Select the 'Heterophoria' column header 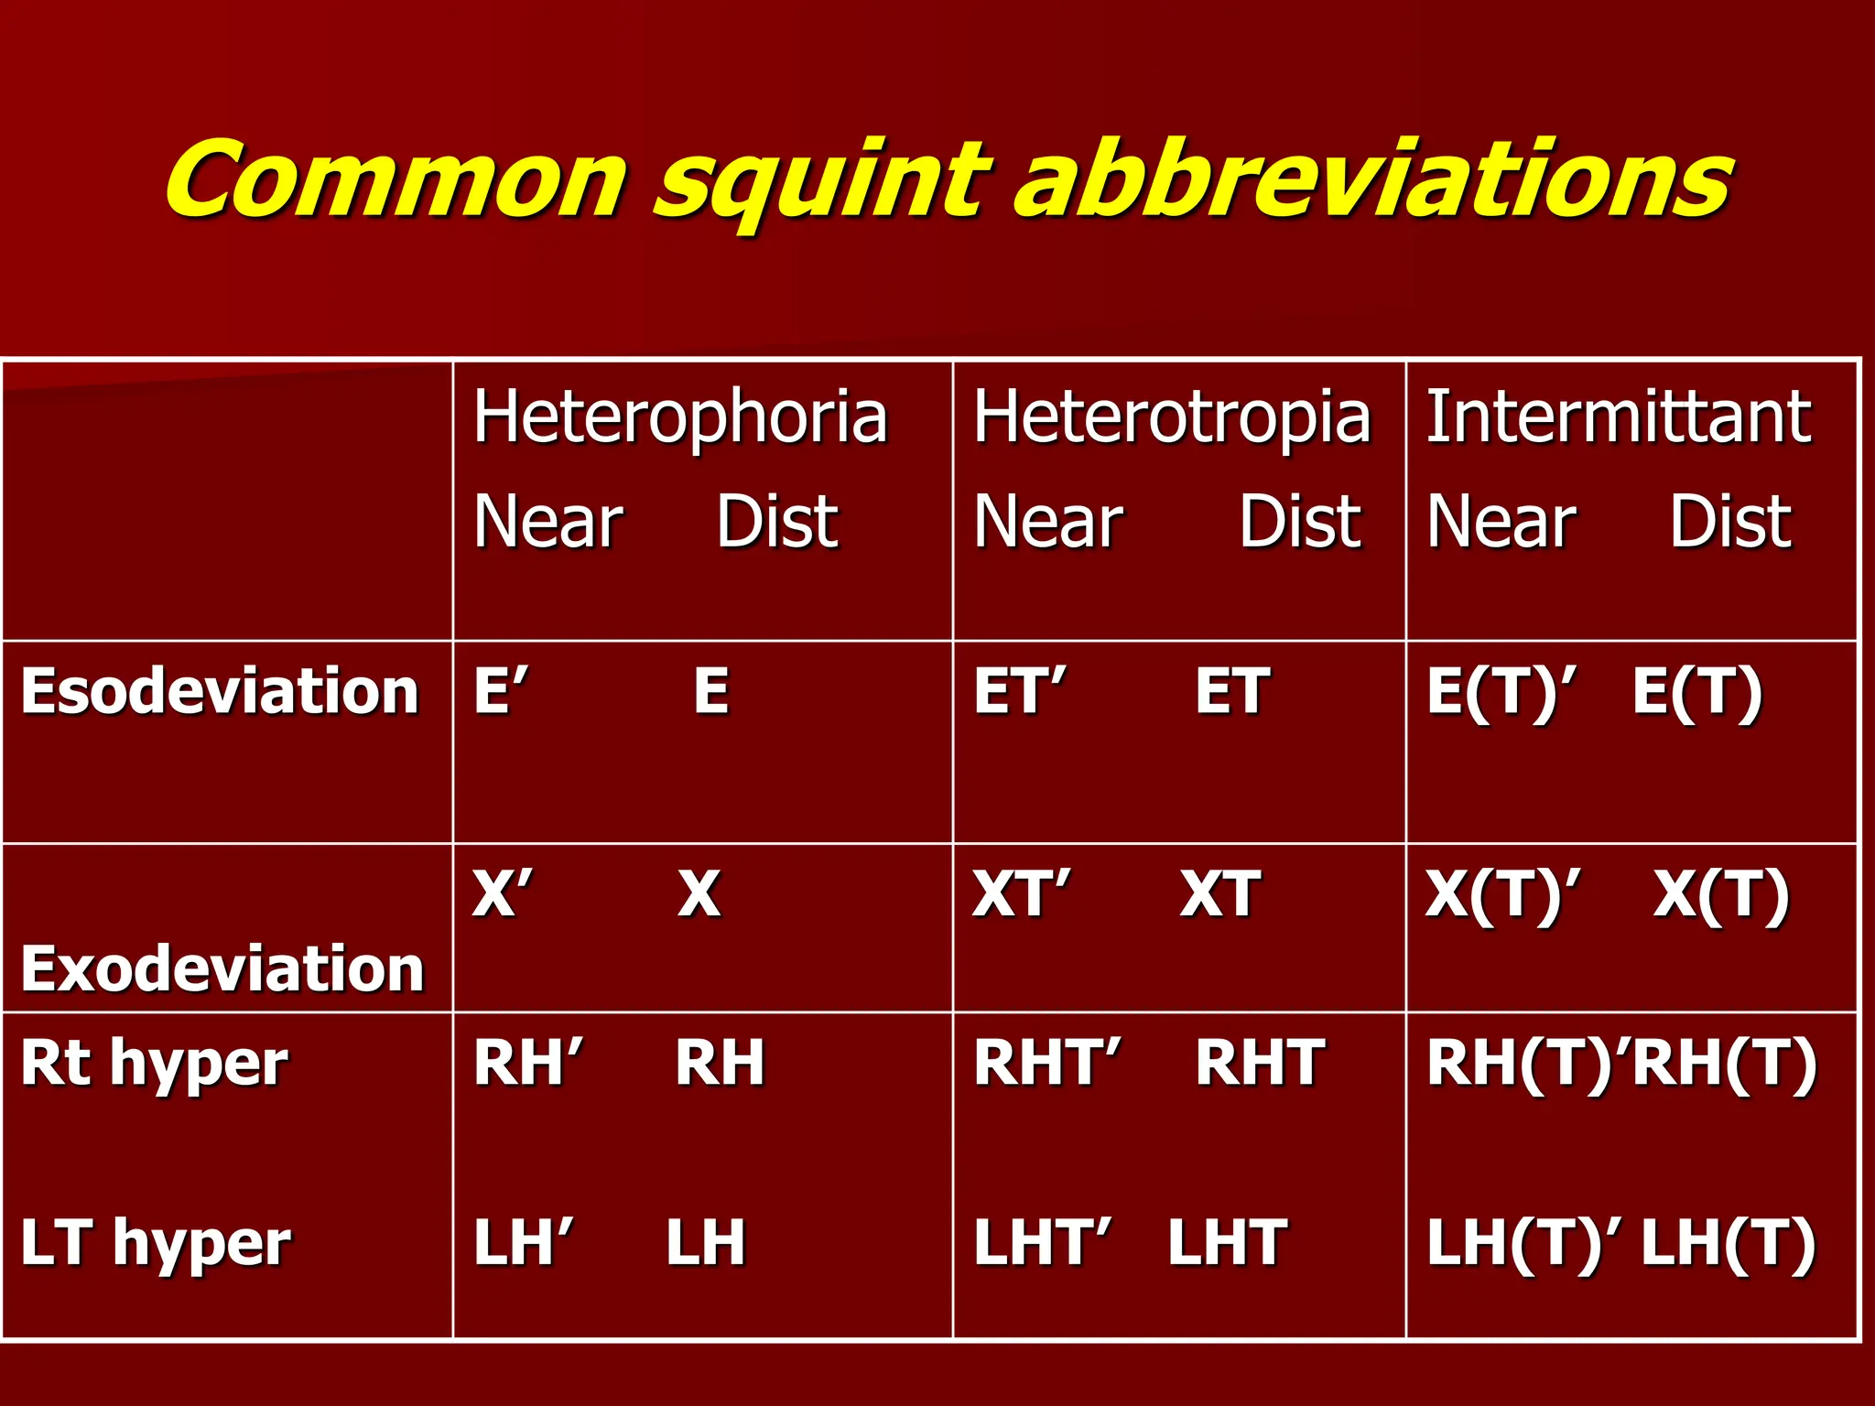pyautogui.click(x=680, y=417)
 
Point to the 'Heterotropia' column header pyautogui.click(x=1171, y=417)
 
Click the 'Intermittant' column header pyautogui.click(x=1618, y=417)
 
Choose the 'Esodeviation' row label pyautogui.click(x=220, y=691)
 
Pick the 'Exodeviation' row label pyautogui.click(x=222, y=968)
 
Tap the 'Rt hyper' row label pyautogui.click(x=154, y=1064)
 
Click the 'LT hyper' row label pyautogui.click(x=156, y=1243)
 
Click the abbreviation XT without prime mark pyautogui.click(x=1219, y=894)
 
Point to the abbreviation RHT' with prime pyautogui.click(x=1046, y=1064)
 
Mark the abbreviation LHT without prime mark pyautogui.click(x=1228, y=1243)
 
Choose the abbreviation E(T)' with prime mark pyautogui.click(x=1501, y=692)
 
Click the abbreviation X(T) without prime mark pyautogui.click(x=1721, y=895)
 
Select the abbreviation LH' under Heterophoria pyautogui.click(x=523, y=1243)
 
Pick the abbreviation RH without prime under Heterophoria pyautogui.click(x=720, y=1064)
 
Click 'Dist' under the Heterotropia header pyautogui.click(x=1300, y=522)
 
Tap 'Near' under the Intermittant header pyautogui.click(x=1501, y=522)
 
